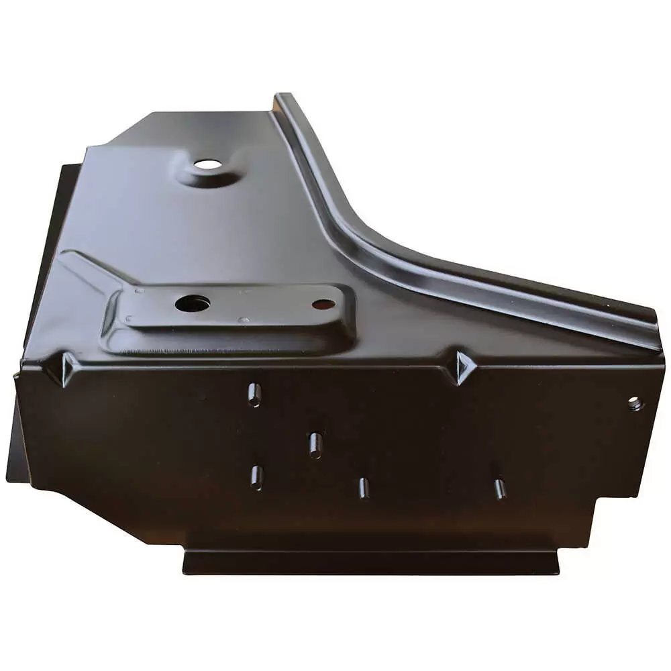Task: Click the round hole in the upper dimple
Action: (206, 164)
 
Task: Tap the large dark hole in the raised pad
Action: (193, 303)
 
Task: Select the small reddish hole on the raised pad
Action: (323, 304)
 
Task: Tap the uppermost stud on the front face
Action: (254, 395)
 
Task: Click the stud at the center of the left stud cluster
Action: (315, 446)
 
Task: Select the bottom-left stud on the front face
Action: (256, 478)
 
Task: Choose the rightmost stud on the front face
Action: (500, 489)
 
